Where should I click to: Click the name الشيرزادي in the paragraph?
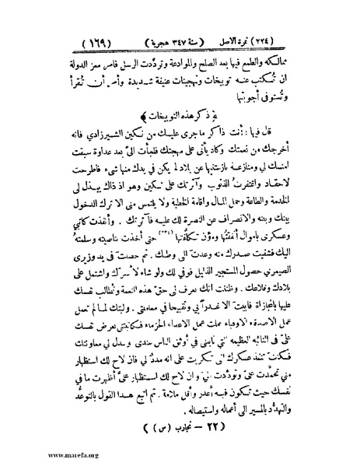coord(100,138)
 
